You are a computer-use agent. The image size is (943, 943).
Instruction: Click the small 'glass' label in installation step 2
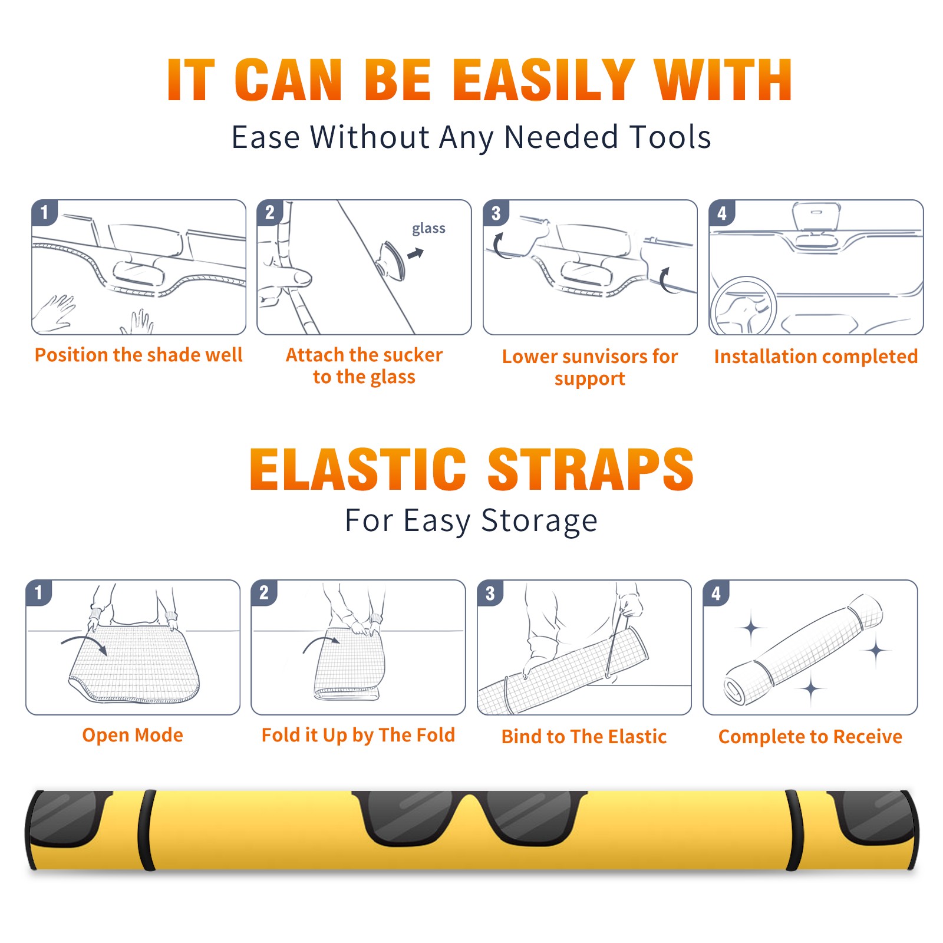point(428,229)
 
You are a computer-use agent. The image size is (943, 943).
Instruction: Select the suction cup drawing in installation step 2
point(391,260)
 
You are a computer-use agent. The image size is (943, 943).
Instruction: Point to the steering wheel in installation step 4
point(743,306)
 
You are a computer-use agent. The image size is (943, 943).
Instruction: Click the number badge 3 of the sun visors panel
point(496,213)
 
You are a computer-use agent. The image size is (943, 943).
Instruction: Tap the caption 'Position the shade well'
point(139,355)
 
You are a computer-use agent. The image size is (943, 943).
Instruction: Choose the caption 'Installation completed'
point(816,356)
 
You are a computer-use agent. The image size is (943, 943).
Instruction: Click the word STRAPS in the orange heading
point(591,469)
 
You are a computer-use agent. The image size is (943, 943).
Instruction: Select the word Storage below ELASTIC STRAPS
point(539,521)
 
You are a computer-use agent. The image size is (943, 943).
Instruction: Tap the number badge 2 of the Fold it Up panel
point(264,593)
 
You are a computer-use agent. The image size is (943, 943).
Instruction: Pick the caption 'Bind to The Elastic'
point(583,736)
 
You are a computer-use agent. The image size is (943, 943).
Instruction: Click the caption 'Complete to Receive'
point(810,736)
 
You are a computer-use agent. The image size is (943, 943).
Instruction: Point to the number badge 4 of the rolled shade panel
point(716,593)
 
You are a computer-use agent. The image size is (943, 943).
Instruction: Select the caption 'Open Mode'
point(133,735)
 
